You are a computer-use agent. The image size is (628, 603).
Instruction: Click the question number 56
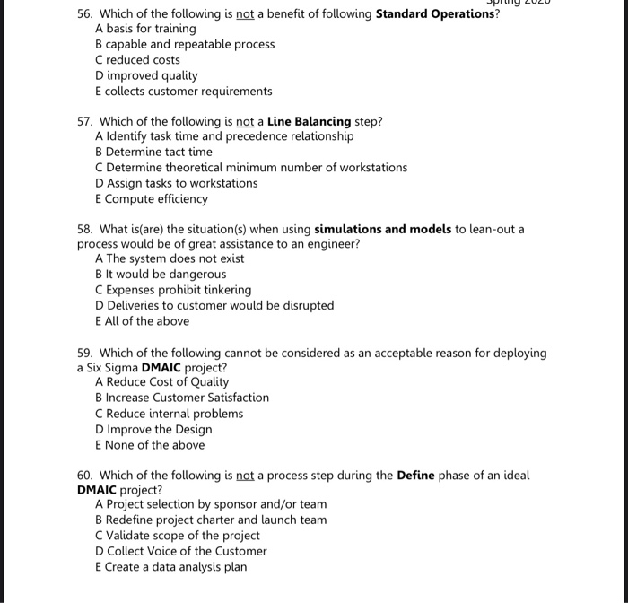point(85,13)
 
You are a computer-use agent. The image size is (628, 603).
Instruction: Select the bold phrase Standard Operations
point(434,13)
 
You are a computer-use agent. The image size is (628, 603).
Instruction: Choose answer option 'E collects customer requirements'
point(183,92)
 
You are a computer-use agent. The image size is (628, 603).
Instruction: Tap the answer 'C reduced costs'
point(137,60)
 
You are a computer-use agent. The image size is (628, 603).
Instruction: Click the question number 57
point(85,121)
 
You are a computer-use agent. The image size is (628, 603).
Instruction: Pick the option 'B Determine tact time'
point(153,152)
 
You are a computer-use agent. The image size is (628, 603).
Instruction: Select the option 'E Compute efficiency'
point(151,199)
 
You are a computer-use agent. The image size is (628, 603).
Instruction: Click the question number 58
point(85,229)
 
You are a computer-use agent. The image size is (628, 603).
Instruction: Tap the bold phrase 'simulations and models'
point(383,229)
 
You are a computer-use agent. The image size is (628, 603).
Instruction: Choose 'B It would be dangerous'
point(161,275)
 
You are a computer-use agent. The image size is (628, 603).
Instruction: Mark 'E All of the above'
point(142,321)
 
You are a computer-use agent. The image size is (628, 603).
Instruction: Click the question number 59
point(85,353)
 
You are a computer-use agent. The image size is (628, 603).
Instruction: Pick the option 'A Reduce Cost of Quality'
point(161,381)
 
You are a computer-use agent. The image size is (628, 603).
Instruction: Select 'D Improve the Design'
point(153,429)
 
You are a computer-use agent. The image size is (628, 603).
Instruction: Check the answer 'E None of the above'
point(149,445)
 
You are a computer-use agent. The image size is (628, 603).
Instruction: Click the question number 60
point(85,475)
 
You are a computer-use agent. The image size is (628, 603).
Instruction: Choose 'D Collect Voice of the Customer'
point(180,551)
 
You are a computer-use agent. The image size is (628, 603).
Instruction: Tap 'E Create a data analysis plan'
point(170,567)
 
